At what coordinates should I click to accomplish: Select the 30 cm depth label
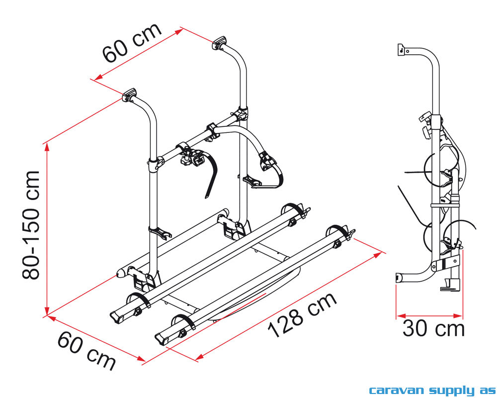pyautogui.click(x=433, y=329)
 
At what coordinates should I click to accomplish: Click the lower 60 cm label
pyautogui.click(x=87, y=350)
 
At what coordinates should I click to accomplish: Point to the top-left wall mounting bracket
pyautogui.click(x=130, y=94)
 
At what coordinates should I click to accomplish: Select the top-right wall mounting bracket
pyautogui.click(x=219, y=43)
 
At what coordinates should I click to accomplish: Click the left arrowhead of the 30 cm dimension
pyautogui.click(x=399, y=315)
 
